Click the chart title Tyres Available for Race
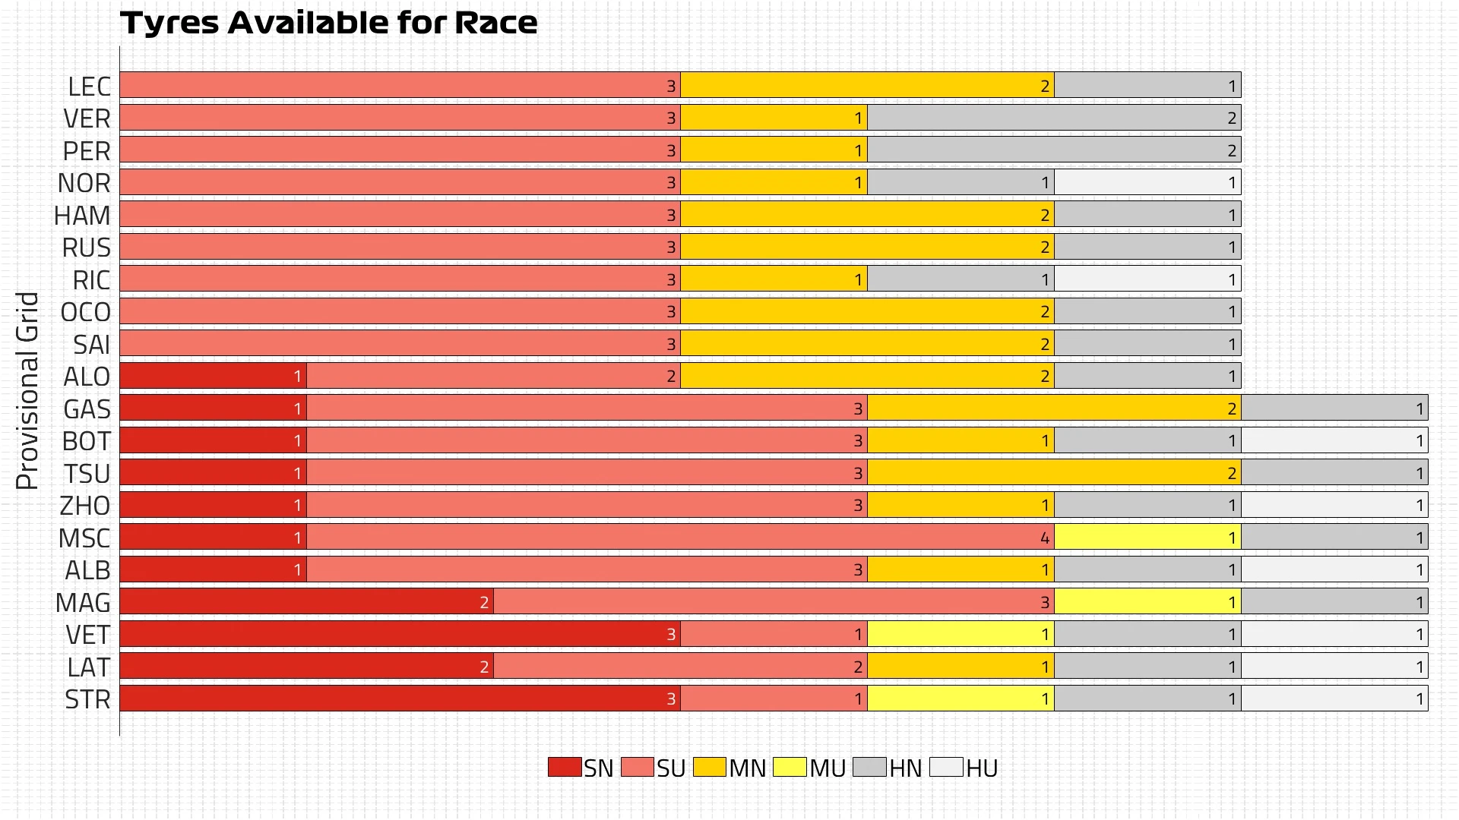[x=328, y=23]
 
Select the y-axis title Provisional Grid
[x=27, y=391]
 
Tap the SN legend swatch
[x=564, y=767]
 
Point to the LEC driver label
[x=89, y=87]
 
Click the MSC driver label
[x=84, y=538]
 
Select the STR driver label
[x=87, y=699]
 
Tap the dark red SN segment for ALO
[x=213, y=376]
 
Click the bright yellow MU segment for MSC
[x=1147, y=538]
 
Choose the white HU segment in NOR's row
[x=1147, y=182]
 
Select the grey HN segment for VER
[x=1054, y=118]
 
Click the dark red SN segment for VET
[x=400, y=634]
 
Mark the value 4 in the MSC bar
[x=1045, y=538]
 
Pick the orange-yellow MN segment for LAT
[x=961, y=667]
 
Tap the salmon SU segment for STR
[x=774, y=699]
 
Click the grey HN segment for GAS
[x=1334, y=408]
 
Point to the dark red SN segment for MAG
[x=306, y=602]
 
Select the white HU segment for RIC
[x=1147, y=279]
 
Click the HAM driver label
[x=82, y=216]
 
